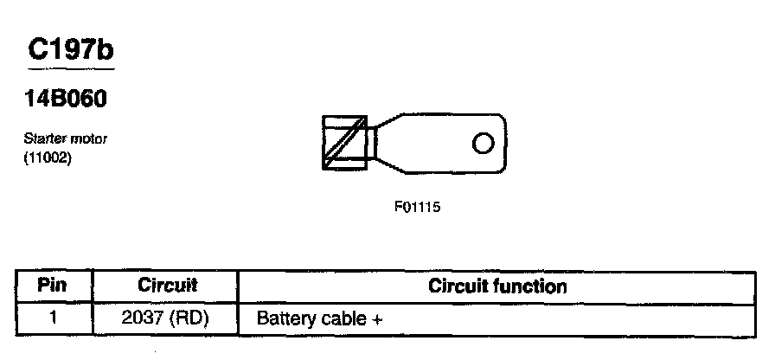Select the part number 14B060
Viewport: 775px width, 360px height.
coord(66,100)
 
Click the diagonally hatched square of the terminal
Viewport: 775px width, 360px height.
coord(344,141)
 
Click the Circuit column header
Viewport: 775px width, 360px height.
coord(168,285)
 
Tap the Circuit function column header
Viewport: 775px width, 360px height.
coord(497,286)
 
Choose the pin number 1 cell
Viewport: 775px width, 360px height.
coord(54,317)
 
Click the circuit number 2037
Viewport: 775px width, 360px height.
coord(149,318)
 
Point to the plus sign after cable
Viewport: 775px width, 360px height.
coord(377,319)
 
